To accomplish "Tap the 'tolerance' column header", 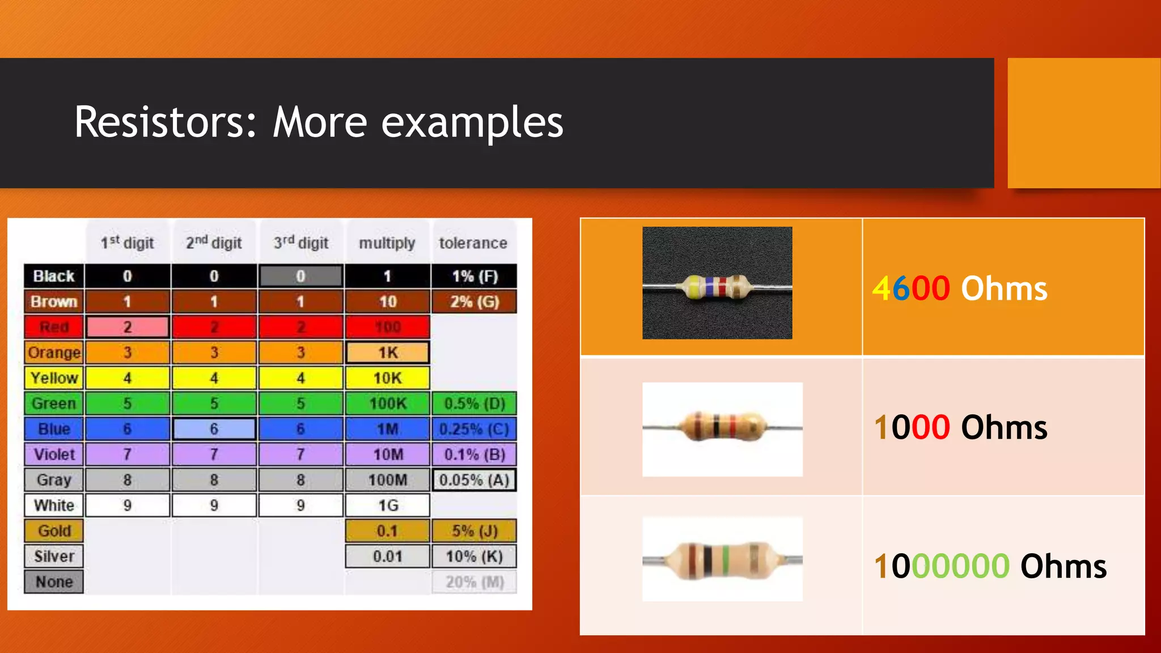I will click(x=473, y=243).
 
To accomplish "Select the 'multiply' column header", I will click(x=387, y=243).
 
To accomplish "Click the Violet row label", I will click(x=54, y=455).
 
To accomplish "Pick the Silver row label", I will click(x=54, y=557).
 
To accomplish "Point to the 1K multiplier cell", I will click(x=388, y=353).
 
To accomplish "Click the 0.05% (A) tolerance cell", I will click(x=474, y=480).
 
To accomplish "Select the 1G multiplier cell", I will click(x=388, y=506).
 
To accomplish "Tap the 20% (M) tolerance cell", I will click(x=474, y=582).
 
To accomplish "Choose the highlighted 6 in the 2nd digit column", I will click(x=214, y=429).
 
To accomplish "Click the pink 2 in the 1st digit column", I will click(x=127, y=327).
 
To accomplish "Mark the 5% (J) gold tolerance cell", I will click(x=474, y=531).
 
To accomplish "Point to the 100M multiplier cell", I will click(x=388, y=480).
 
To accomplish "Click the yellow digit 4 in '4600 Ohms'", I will click(x=882, y=289).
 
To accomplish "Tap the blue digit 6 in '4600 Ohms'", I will click(x=901, y=289).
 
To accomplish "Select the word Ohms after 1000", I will click(x=1004, y=427).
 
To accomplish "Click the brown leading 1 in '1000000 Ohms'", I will click(x=880, y=566).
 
